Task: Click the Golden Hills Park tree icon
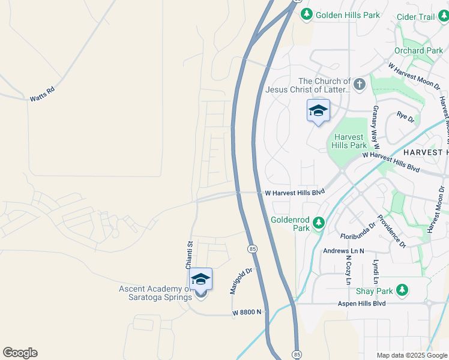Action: [x=307, y=14]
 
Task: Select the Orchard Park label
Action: [x=418, y=51]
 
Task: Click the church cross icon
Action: [x=360, y=84]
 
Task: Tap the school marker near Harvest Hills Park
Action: [x=318, y=110]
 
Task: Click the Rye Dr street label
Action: [x=406, y=118]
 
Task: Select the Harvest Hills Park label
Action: [x=349, y=140]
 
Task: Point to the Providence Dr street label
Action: [x=392, y=231]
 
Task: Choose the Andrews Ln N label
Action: [x=343, y=251]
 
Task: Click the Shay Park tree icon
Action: [x=402, y=291]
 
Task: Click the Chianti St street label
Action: [x=188, y=255]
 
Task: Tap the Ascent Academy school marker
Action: [x=200, y=280]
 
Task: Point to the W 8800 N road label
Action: [x=247, y=312]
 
